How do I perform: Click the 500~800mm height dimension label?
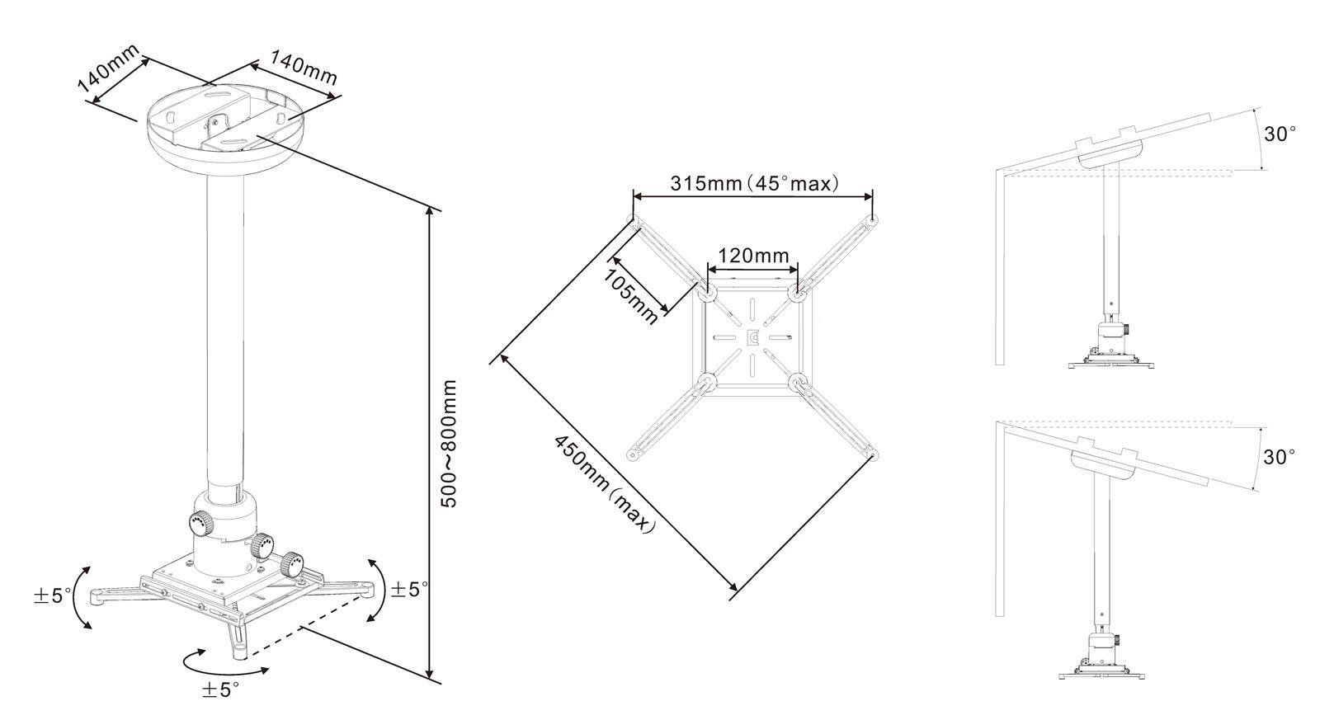[450, 444]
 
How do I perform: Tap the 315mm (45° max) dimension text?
[754, 184]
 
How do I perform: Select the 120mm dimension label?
[753, 256]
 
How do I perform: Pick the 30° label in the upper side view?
[1280, 134]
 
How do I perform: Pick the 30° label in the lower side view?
[1280, 457]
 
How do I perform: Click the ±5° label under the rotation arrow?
[220, 690]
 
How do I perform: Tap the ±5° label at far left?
[53, 595]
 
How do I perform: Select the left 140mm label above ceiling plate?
[108, 68]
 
